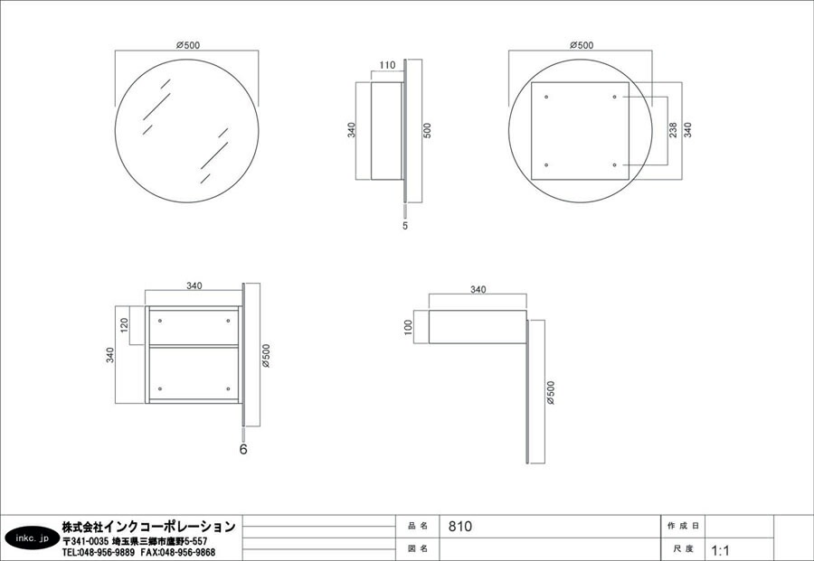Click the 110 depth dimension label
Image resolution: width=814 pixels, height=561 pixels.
pyautogui.click(x=387, y=65)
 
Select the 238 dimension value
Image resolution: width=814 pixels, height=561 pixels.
pyautogui.click(x=674, y=130)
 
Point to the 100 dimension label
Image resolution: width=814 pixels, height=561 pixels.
pyautogui.click(x=408, y=326)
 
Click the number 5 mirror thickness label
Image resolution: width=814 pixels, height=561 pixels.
pyautogui.click(x=404, y=226)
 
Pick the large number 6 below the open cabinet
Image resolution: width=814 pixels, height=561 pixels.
pyautogui.click(x=243, y=447)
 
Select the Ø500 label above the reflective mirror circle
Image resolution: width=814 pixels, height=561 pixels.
pyautogui.click(x=187, y=44)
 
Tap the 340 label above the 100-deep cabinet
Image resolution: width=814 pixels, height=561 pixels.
pyautogui.click(x=478, y=290)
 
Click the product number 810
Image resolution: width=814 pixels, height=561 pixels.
pyautogui.click(x=460, y=526)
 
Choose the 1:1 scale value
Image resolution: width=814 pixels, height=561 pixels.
pyautogui.click(x=721, y=549)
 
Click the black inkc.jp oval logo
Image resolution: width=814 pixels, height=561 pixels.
pyautogui.click(x=30, y=538)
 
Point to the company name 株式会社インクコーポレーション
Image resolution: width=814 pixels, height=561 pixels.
pyautogui.click(x=148, y=526)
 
